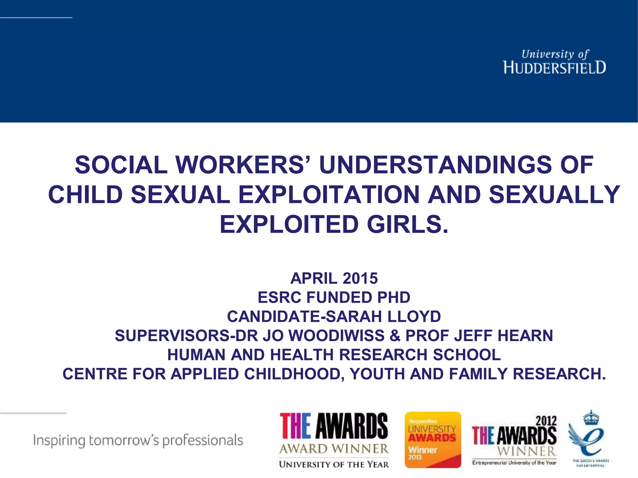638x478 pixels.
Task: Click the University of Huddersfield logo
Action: point(554,62)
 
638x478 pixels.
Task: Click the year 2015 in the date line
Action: point(360,278)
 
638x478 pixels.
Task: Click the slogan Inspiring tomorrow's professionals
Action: point(138,440)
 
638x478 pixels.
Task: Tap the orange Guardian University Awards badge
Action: point(433,440)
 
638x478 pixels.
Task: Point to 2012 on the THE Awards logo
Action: point(546,421)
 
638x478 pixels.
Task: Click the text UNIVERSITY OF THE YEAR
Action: point(334,464)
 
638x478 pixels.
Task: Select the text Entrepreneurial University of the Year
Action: point(514,463)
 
